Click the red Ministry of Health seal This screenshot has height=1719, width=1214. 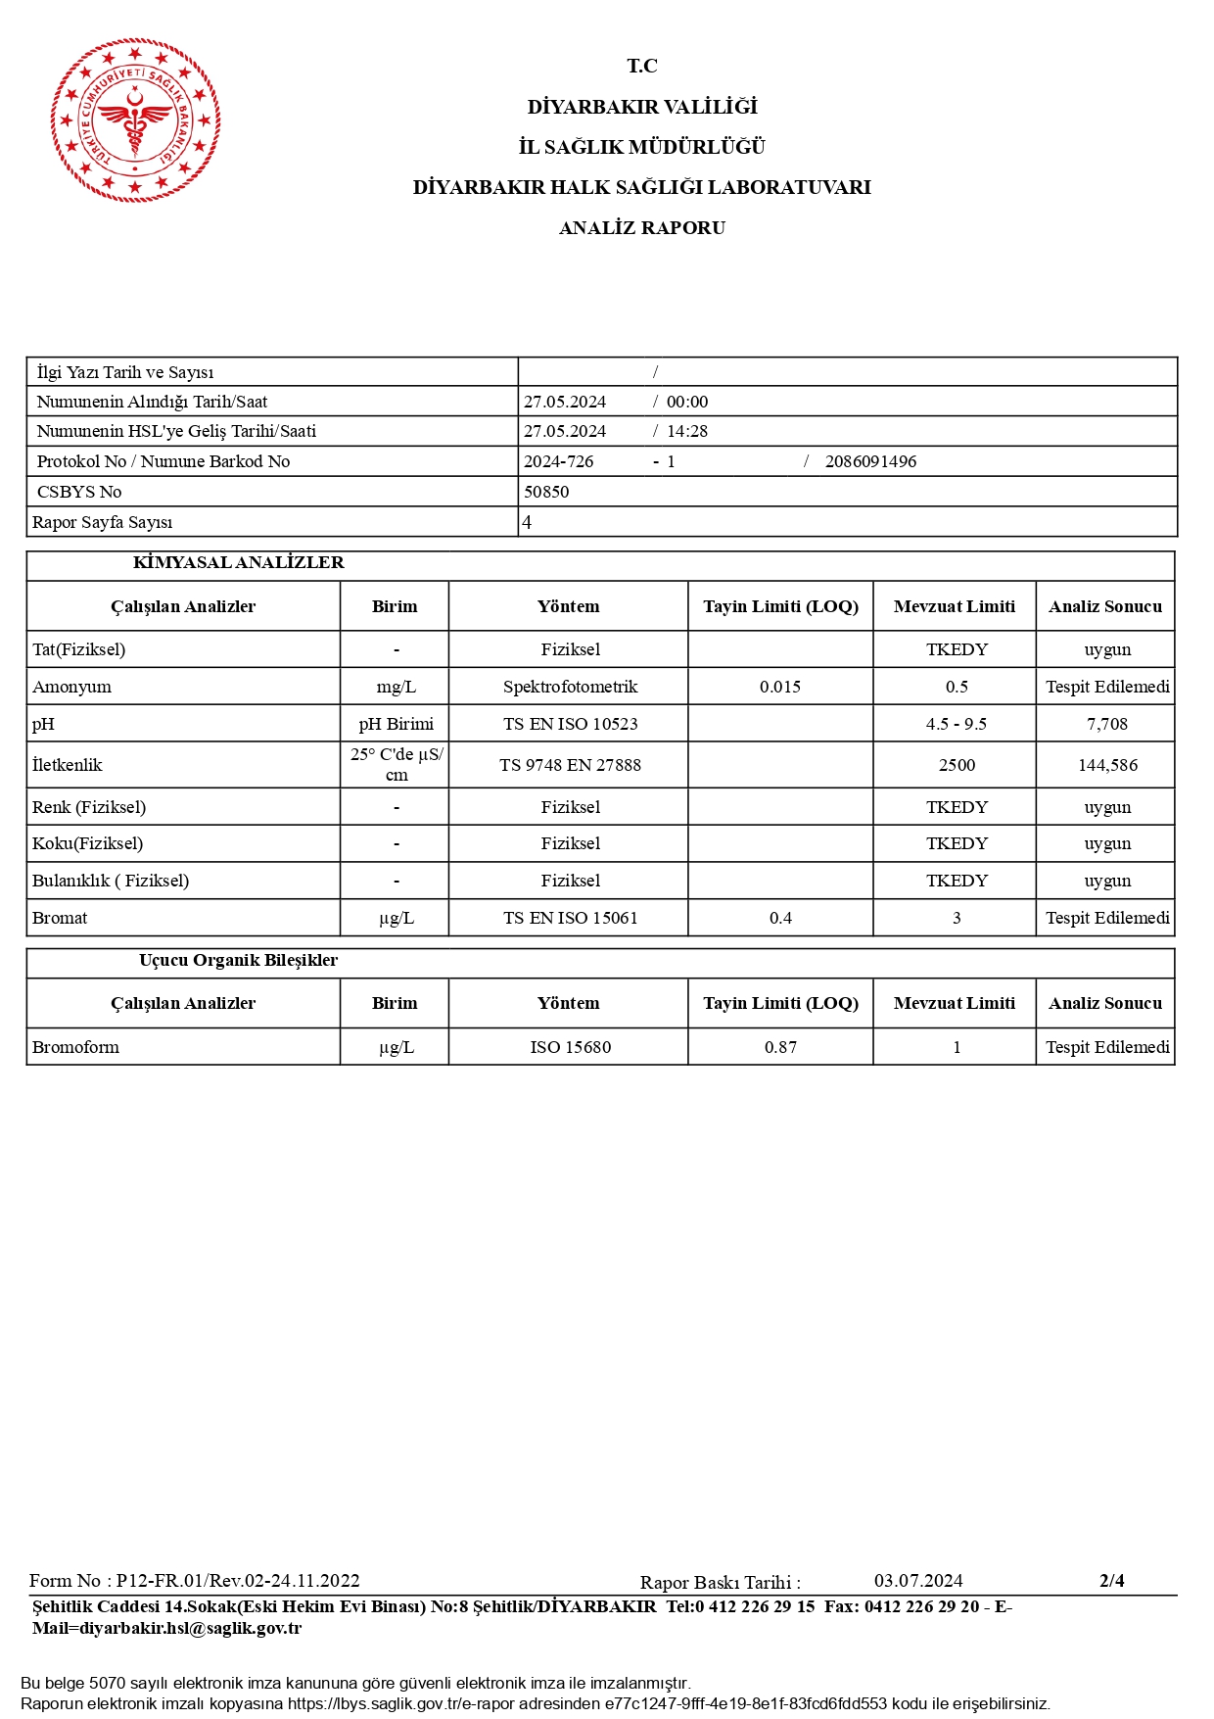click(135, 120)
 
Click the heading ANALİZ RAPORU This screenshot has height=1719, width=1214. click(641, 228)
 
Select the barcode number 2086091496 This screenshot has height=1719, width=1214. click(870, 461)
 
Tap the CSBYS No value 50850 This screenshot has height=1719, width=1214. click(546, 492)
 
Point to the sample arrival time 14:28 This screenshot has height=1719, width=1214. click(687, 431)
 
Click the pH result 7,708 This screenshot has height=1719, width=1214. click(1106, 724)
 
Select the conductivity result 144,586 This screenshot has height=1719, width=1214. click(1106, 765)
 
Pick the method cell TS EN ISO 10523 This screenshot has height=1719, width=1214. click(570, 724)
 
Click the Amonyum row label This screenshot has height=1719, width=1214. click(72, 687)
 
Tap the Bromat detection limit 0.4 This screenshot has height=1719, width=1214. click(780, 918)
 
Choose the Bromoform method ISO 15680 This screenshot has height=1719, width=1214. click(570, 1047)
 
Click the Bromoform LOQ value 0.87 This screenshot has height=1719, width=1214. click(780, 1047)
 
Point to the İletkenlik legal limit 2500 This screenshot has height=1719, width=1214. click(957, 765)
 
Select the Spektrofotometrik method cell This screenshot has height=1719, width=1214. click(570, 687)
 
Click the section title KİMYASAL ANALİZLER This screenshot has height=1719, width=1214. click(238, 563)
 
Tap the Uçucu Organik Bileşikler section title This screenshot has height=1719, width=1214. click(238, 961)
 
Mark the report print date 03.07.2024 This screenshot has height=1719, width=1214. click(917, 1581)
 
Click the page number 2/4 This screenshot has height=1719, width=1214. click(1111, 1580)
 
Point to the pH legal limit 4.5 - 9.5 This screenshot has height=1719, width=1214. click(956, 724)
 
